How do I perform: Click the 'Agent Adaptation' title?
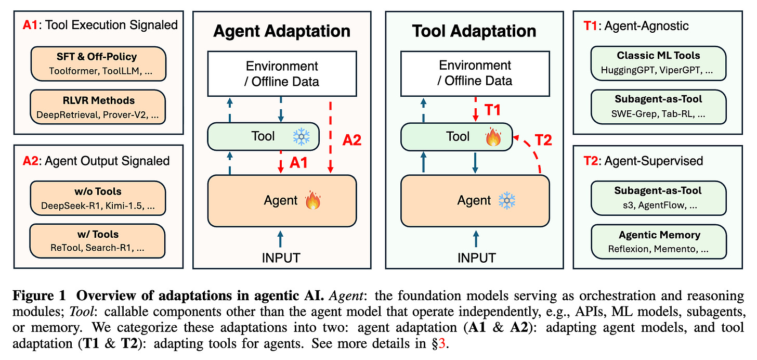pyautogui.click(x=281, y=31)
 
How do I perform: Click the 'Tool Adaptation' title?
pyautogui.click(x=474, y=31)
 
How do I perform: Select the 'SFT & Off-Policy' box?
pyautogui.click(x=98, y=62)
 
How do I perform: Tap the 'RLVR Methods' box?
pyautogui.click(x=98, y=107)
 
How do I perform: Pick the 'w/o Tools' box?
pyautogui.click(x=98, y=198)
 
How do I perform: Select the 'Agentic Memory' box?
pyautogui.click(x=659, y=241)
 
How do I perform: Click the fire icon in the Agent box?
pyautogui.click(x=313, y=200)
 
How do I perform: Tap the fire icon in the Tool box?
pyautogui.click(x=492, y=137)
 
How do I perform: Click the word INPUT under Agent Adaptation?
pyautogui.click(x=281, y=257)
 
